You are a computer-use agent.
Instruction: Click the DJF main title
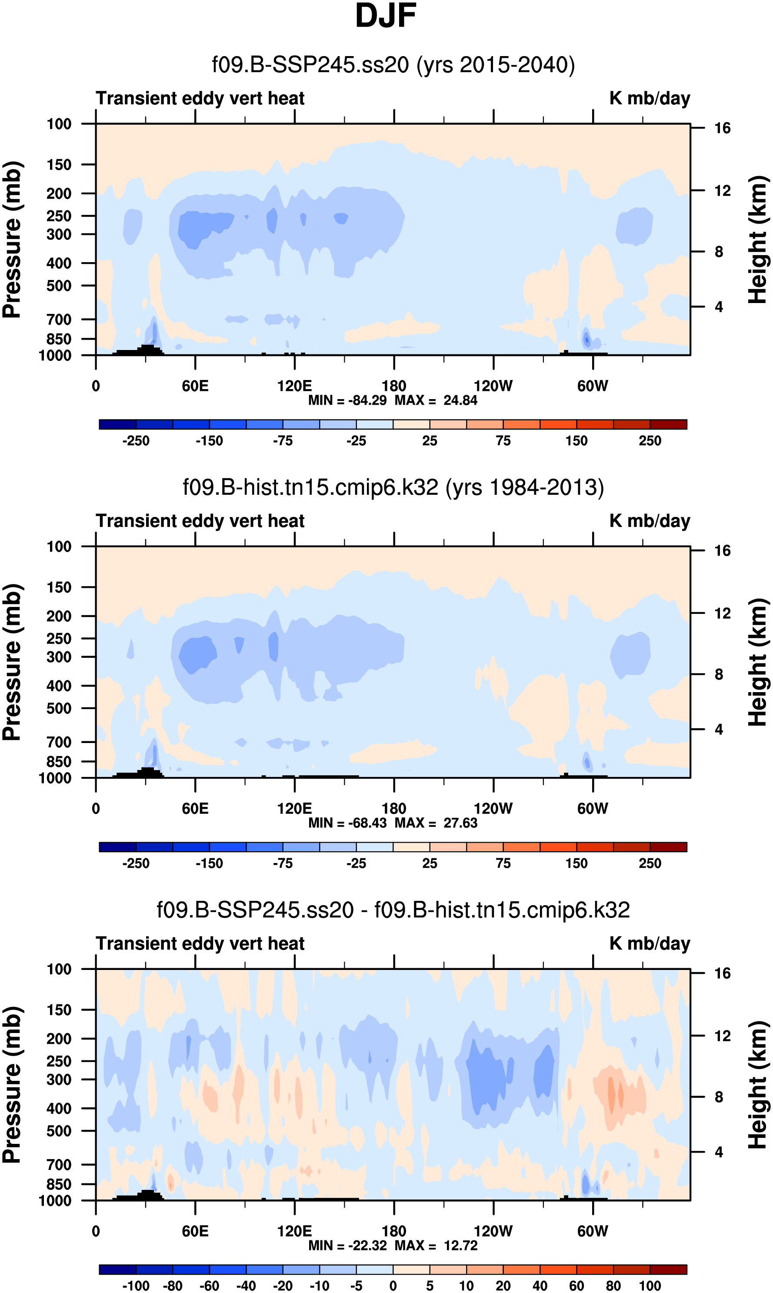[386, 16]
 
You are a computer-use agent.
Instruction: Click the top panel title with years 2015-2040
[393, 65]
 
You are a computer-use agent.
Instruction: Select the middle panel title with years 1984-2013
[393, 487]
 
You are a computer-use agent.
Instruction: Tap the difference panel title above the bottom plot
[393, 910]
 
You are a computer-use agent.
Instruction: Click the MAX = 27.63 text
[436, 823]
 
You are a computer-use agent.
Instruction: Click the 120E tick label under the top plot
[294, 386]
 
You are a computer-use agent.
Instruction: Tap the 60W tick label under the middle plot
[592, 809]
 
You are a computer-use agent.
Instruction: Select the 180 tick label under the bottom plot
[394, 1231]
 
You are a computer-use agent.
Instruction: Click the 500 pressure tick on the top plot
[59, 286]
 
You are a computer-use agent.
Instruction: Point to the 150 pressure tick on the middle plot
[59, 587]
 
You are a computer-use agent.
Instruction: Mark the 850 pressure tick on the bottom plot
[59, 1184]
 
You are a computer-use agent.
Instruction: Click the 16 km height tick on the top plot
[722, 128]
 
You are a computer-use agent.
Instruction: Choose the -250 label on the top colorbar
[136, 441]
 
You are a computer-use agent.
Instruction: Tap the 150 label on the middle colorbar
[576, 863]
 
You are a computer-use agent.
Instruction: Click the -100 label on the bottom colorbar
[136, 1286]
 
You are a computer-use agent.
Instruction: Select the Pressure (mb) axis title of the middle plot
[13, 663]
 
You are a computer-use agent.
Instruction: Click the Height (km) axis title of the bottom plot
[758, 1085]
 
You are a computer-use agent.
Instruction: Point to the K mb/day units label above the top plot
[650, 98]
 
